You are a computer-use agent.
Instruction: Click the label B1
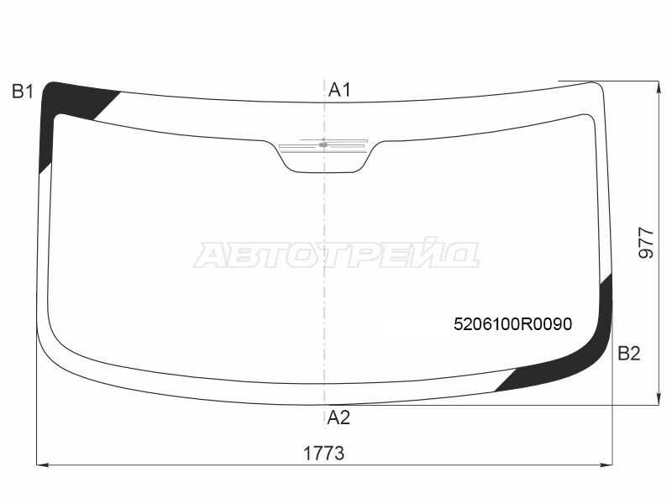click(23, 92)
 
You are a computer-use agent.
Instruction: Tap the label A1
click(339, 90)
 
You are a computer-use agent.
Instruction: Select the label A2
click(339, 417)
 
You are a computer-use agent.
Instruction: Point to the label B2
click(628, 354)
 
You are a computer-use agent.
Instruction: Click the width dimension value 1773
click(323, 453)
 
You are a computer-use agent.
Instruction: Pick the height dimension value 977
click(647, 243)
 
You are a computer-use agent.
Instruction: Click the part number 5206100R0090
click(512, 324)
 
